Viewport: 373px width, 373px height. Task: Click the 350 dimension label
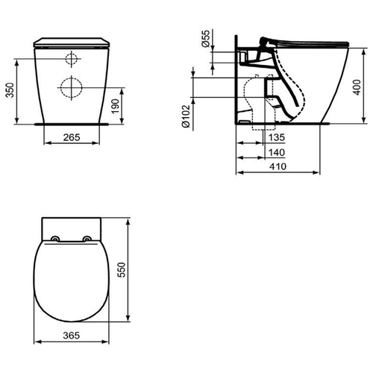coord(10,90)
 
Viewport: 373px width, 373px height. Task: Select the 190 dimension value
coord(116,106)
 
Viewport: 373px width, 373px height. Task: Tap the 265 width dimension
coord(72,137)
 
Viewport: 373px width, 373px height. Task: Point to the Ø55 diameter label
coord(206,39)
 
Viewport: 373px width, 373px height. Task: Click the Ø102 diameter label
coord(186,116)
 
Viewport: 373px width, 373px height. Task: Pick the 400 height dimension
coord(357,87)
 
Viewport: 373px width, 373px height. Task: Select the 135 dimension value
coord(277,137)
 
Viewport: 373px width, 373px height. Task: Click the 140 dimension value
coord(277,152)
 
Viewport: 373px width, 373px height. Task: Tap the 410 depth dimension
coord(278,166)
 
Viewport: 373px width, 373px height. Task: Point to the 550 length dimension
coord(122,270)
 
